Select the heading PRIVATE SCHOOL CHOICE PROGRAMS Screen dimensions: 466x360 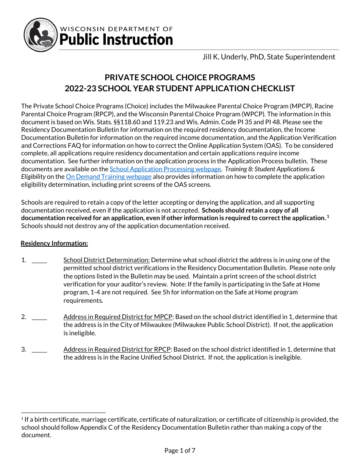click(180, 78)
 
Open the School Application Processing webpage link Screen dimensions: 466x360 click(165, 169)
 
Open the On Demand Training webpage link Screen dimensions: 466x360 click(108, 177)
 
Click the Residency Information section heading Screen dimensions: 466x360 click(54, 243)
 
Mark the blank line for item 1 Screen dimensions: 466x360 click(39, 261)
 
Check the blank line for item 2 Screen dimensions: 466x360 click(39, 317)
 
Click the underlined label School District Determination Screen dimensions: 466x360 click(106, 260)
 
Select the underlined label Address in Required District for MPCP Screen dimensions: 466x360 click(118, 317)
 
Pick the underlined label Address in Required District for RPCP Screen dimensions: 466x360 click(117, 349)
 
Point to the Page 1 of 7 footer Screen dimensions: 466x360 click(180, 450)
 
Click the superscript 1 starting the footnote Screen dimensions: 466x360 click(22, 419)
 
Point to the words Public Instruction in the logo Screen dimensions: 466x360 click(116, 40)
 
